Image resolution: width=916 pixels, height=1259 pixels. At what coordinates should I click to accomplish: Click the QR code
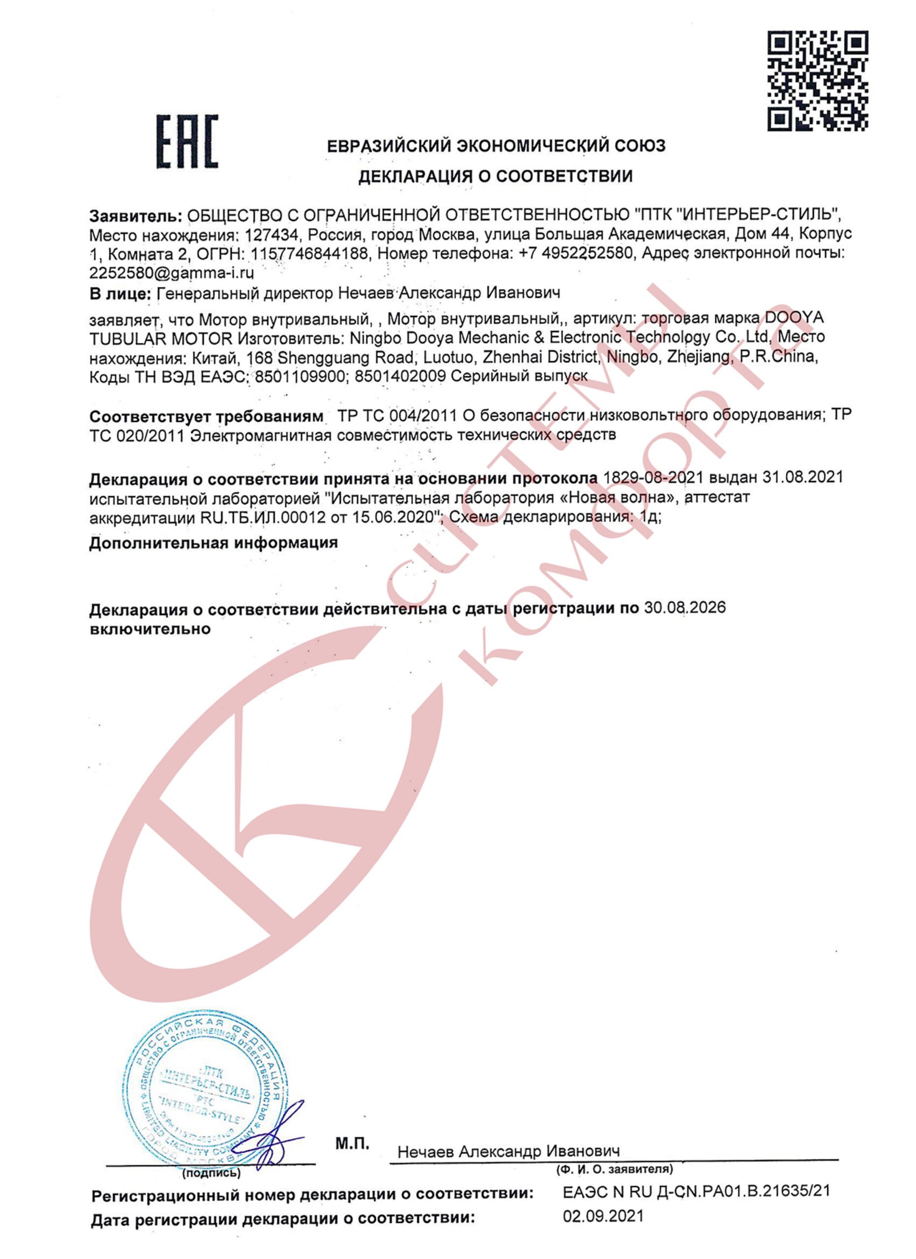[818, 81]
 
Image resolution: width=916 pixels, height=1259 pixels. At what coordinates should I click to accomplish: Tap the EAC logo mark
[187, 142]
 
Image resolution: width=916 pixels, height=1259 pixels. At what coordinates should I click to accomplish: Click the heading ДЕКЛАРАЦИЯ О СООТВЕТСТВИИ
[495, 177]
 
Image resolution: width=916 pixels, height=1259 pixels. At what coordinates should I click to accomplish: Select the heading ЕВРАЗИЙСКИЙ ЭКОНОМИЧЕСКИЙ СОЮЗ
[496, 146]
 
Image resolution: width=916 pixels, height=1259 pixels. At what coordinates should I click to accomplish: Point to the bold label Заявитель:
[135, 215]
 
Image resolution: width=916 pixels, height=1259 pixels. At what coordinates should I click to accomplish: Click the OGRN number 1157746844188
[309, 254]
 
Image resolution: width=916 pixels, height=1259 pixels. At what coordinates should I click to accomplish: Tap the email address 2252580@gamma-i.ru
[172, 273]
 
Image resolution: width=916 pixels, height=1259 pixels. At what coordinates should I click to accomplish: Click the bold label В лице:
[120, 293]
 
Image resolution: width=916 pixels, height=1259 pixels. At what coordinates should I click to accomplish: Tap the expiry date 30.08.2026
[684, 608]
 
